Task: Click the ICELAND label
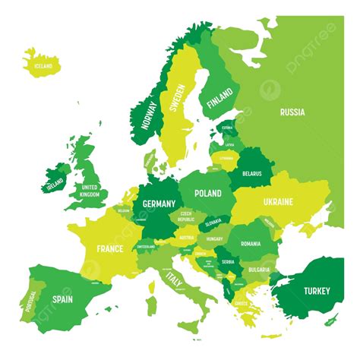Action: pos(43,66)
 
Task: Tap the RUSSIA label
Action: pos(292,112)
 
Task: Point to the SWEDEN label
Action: pos(177,97)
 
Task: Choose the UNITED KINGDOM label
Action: pos(90,191)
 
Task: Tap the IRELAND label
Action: pos(55,184)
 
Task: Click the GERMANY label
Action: pos(159,204)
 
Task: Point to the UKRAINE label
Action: pos(277,202)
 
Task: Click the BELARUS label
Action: pos(251,173)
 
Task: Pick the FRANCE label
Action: pos(110,248)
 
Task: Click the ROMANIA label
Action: pos(250,244)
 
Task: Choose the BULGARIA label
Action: pos(258,269)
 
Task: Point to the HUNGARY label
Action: pos(214,238)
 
